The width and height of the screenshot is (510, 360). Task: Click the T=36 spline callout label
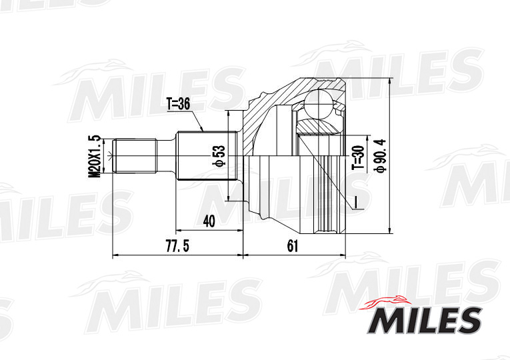point(178,104)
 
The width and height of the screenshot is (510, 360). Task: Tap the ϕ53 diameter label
point(219,155)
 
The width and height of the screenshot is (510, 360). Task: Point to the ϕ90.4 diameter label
point(380,155)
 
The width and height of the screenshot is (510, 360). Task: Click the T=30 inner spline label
point(358,157)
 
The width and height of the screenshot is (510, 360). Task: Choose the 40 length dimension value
point(209,221)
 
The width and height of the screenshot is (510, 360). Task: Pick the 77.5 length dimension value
point(177,247)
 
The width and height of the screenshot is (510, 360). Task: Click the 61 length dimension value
point(293,246)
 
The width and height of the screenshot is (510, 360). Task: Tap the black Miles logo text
point(425,321)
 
